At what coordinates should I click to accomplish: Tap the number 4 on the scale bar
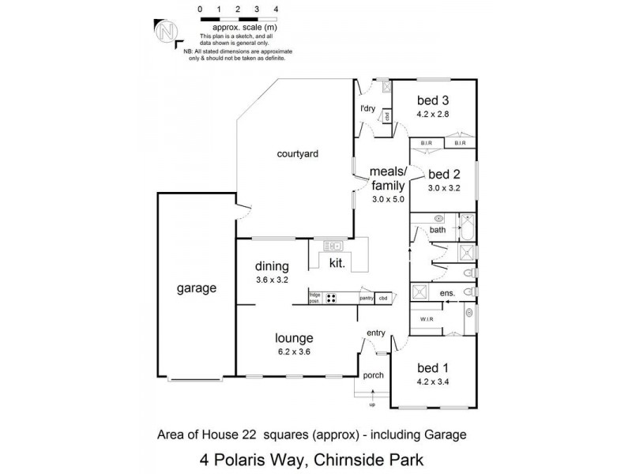(276, 9)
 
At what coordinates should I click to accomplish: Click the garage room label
(196, 288)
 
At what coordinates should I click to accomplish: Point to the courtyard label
(297, 154)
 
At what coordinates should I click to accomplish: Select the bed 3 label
(433, 100)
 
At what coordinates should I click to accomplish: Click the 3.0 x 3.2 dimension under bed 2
(443, 188)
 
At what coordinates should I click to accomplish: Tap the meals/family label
(388, 179)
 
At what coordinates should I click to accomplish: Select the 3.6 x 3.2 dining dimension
(272, 280)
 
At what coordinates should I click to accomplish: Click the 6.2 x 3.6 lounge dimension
(293, 352)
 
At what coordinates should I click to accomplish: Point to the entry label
(374, 335)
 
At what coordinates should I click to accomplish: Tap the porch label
(373, 375)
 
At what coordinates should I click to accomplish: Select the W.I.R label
(427, 319)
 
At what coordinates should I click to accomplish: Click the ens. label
(447, 294)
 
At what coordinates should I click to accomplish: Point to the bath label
(438, 230)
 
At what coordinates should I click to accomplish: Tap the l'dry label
(367, 108)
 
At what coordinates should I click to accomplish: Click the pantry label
(366, 298)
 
